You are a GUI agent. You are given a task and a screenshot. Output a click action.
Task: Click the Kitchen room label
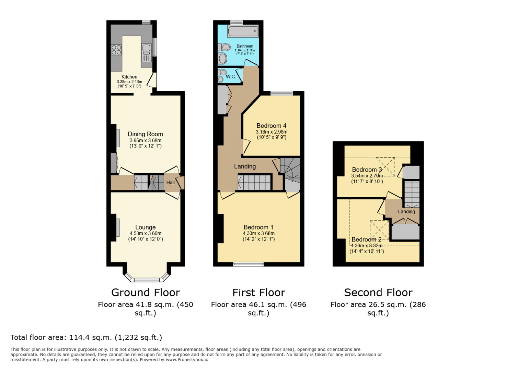[129, 77]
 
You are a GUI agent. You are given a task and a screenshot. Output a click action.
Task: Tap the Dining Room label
[145, 134]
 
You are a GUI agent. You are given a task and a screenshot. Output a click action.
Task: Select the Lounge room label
[145, 227]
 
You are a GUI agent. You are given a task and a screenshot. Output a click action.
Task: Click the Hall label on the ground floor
[171, 183]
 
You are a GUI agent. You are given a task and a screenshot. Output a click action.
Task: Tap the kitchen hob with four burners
[116, 50]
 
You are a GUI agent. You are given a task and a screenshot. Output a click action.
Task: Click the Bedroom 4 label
[271, 126]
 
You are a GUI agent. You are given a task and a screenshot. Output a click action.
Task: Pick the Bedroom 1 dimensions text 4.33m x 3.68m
[258, 234]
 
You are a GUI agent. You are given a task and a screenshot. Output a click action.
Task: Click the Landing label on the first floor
[245, 166]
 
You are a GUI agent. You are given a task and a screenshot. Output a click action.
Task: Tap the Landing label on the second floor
[406, 212]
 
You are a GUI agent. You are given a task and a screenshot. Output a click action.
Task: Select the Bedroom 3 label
[367, 170]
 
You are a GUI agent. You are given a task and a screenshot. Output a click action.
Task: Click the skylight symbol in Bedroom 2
[379, 230]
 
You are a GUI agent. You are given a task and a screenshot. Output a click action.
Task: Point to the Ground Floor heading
[145, 293]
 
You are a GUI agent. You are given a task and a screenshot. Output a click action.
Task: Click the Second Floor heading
[378, 293]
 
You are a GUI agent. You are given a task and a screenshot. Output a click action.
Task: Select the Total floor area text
[86, 337]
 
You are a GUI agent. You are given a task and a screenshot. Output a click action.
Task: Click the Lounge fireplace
[117, 227]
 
